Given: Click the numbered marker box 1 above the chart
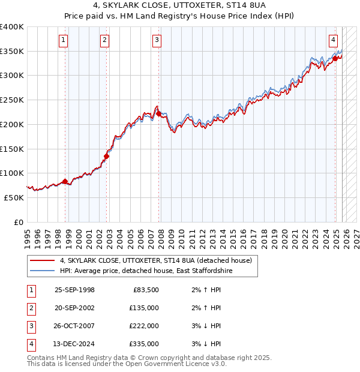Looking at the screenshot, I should tap(64, 40).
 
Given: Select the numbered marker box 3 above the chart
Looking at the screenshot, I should tap(157, 40).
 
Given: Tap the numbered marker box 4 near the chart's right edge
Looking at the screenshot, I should tap(333, 40).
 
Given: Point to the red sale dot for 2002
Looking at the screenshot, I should tap(106, 157).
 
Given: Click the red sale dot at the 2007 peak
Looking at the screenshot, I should tap(158, 113).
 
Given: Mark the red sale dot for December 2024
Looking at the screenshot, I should tap(335, 58).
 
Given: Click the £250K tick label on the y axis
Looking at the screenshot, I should tap(12, 100).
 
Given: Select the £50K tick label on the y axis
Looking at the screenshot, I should tap(14, 197).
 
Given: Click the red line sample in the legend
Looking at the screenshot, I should tap(42, 260).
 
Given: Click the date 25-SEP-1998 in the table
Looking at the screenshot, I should tap(74, 290).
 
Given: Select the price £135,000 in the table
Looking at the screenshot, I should tap(144, 308).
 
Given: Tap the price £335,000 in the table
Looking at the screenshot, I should tap(144, 344).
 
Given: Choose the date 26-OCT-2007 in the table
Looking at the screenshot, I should tap(74, 326).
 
